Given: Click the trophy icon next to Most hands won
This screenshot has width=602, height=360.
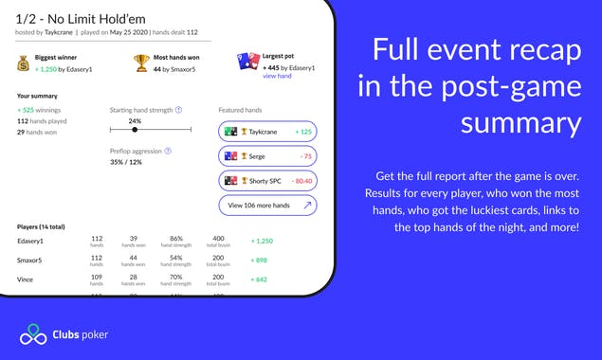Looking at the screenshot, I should click(x=141, y=63).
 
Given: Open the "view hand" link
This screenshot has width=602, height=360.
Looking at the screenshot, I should click(x=278, y=76).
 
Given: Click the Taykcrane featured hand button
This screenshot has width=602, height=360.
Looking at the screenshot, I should click(x=267, y=132).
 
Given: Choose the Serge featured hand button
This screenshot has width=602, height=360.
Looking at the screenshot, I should click(x=267, y=155).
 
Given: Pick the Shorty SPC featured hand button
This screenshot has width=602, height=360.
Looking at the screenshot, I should click(x=267, y=179).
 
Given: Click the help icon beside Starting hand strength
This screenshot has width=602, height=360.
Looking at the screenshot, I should click(x=179, y=109).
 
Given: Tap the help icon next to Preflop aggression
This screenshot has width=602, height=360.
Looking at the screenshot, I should click(x=168, y=150).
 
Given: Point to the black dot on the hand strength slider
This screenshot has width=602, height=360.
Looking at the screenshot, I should click(x=136, y=130).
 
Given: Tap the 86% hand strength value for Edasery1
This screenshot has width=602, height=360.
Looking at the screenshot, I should click(x=175, y=238).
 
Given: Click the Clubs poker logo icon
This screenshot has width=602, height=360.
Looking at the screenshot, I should click(x=32, y=334).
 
